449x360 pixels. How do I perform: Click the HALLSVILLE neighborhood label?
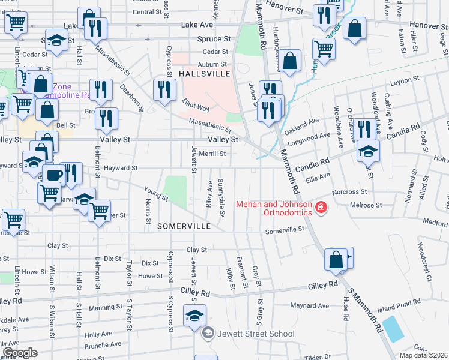coord(205,73)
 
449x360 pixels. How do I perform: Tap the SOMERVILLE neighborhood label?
coord(184,226)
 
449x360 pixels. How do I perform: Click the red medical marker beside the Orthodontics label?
coord(322,208)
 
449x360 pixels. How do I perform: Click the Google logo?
coord(20,352)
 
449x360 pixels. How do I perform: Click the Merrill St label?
coord(212,154)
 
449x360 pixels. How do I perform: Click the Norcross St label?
coord(352,192)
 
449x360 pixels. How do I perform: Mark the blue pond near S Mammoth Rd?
coord(393,328)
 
